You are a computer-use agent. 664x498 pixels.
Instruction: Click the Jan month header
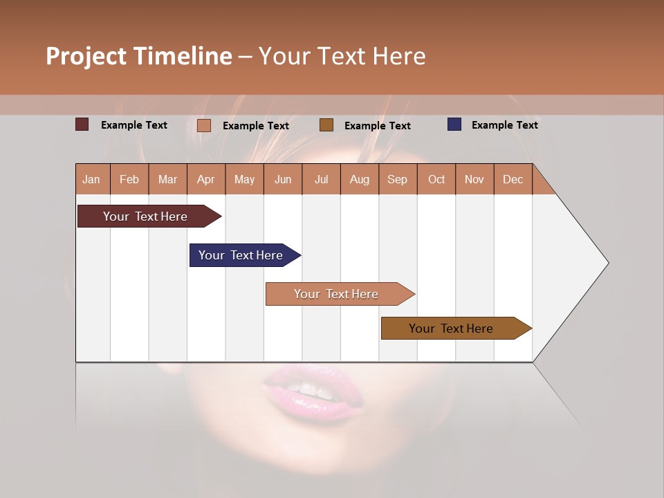coord(92,179)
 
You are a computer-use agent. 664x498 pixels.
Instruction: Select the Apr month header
coord(206,179)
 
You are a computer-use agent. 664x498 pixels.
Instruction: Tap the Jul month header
coord(322,179)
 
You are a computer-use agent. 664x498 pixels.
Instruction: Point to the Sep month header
coord(398,179)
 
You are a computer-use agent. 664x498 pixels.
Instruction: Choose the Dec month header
coord(513,179)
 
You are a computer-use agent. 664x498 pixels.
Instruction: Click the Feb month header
coord(129,179)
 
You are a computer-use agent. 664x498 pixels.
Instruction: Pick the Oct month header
coord(436,179)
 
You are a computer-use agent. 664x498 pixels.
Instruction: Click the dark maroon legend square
coord(82,124)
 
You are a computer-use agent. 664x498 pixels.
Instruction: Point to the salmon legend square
coord(204,125)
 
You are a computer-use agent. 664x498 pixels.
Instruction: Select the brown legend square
coord(326,124)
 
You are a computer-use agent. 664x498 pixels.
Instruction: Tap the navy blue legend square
coord(454,124)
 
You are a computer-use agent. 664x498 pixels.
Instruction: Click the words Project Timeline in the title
coord(139,56)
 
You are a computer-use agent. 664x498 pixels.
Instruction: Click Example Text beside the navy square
coord(504,125)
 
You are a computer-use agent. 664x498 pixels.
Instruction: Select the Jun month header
coord(283,179)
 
